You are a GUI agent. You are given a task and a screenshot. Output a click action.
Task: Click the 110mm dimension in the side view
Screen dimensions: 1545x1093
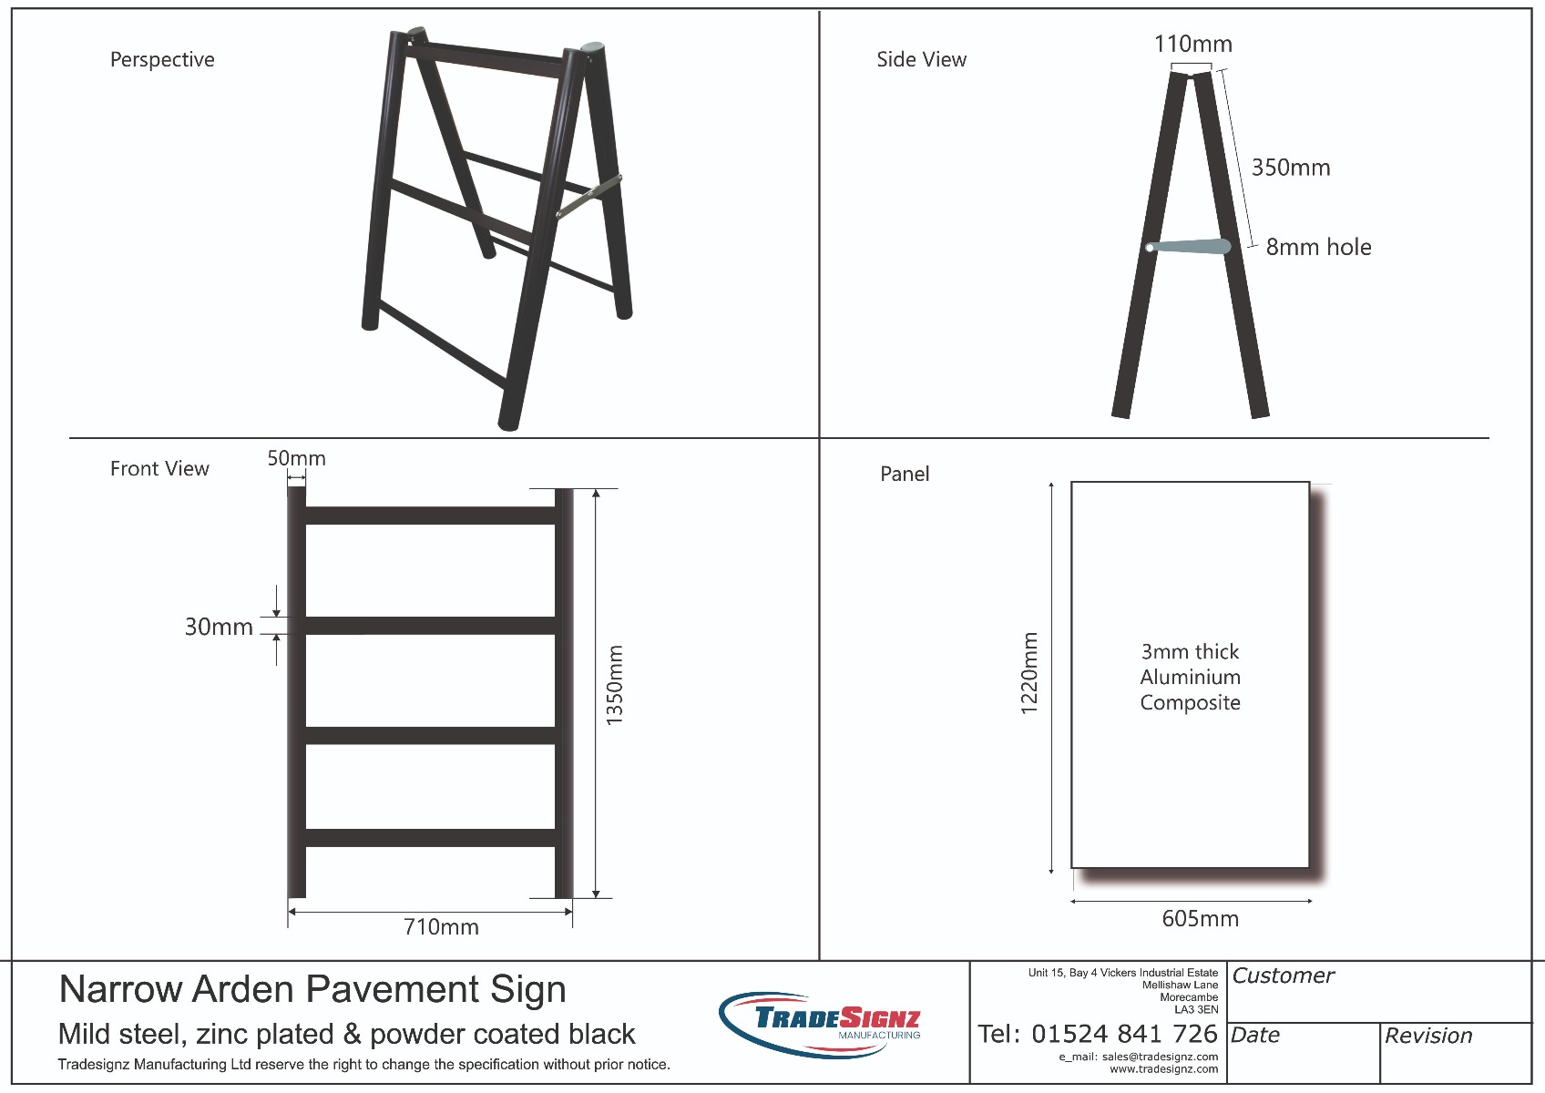[x=1193, y=44]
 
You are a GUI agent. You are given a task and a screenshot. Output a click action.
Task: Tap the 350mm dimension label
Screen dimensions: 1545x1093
[x=1291, y=168]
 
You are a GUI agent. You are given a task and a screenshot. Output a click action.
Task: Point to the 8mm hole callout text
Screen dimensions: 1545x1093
[x=1318, y=247]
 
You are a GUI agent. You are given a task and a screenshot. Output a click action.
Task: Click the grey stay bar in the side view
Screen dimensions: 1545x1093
[x=1189, y=247]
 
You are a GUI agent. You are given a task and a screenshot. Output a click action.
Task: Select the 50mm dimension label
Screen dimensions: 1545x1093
[x=297, y=458]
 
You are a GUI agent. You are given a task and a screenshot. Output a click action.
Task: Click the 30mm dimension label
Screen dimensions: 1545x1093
[x=219, y=627]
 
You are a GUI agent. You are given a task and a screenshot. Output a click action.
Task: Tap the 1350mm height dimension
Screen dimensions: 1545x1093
[x=614, y=685]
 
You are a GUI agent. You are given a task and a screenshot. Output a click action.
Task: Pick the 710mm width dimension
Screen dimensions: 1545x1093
[x=441, y=927]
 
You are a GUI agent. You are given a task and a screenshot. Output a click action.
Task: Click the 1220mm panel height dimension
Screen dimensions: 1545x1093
[x=1029, y=674]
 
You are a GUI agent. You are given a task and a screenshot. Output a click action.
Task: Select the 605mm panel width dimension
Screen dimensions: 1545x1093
[x=1200, y=918]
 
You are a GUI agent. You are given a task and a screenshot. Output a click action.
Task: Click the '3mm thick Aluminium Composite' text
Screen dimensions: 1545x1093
[x=1190, y=677]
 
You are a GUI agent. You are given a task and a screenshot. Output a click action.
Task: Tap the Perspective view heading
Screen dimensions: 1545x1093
[x=162, y=60]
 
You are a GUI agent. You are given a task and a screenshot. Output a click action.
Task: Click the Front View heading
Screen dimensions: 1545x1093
[x=159, y=469]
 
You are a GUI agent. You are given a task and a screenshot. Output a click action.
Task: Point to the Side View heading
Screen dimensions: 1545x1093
[x=922, y=60]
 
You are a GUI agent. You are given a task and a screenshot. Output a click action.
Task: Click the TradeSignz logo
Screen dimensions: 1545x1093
[x=820, y=1024]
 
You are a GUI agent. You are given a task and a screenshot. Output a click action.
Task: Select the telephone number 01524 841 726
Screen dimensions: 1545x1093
[x=1124, y=1034]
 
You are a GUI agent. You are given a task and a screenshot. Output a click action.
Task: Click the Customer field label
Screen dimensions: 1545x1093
[x=1283, y=976]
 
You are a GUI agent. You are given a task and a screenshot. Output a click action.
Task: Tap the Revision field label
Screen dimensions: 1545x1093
[x=1428, y=1036]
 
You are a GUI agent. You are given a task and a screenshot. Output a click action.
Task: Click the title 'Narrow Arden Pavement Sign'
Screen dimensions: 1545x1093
[x=312, y=989]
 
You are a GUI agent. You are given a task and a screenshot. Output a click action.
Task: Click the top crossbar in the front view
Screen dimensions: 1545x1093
[x=430, y=516]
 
